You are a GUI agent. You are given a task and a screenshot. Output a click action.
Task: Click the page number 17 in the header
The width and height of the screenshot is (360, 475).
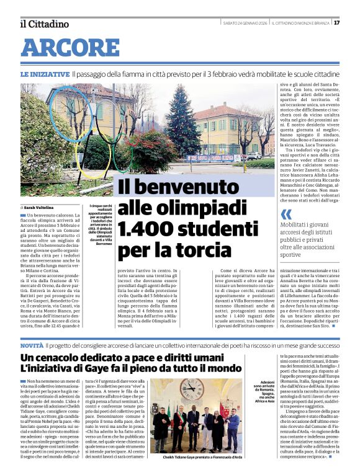point(353,23)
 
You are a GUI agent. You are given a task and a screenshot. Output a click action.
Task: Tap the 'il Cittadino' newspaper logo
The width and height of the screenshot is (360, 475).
point(44,24)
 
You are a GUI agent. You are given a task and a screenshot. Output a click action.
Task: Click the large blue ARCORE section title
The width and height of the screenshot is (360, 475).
point(70,48)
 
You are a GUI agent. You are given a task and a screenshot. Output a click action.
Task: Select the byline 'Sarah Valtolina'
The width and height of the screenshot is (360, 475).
point(40,207)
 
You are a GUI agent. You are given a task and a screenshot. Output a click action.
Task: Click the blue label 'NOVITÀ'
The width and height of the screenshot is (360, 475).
point(32,345)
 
